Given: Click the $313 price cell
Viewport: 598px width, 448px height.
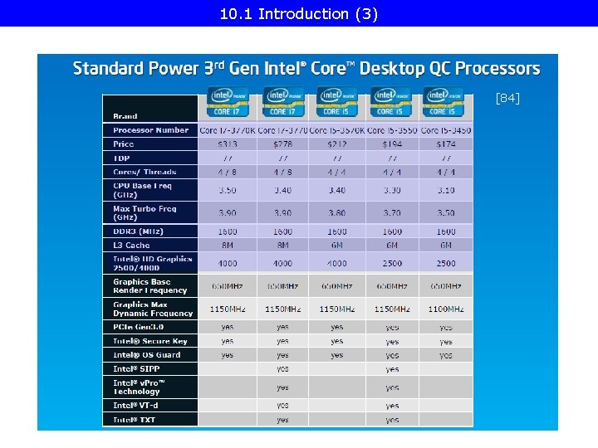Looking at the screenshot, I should tap(227, 144).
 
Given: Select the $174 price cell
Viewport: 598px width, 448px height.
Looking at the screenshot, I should tap(446, 144).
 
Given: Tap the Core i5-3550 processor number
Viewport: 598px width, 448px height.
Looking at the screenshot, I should tap(392, 130).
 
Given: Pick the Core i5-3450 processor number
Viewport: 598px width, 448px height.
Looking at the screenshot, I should tap(446, 130).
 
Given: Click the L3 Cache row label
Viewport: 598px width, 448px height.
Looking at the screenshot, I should tap(131, 246).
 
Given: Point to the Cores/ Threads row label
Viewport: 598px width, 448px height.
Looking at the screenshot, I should tap(145, 172).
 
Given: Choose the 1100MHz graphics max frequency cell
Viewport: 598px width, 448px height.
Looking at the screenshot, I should tap(446, 309).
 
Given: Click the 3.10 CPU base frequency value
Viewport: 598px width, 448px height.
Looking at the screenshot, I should tap(446, 190).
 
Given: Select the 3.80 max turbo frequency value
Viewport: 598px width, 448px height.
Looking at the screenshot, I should tap(336, 213).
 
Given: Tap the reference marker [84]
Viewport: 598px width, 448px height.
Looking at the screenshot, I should tap(507, 99).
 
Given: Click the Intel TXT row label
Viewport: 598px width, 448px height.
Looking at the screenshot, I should tap(135, 420).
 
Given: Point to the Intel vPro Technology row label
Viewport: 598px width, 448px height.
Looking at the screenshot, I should tap(140, 387).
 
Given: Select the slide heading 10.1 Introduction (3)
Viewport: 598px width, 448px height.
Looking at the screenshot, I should tap(299, 13).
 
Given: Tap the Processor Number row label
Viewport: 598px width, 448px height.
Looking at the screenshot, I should tap(150, 130).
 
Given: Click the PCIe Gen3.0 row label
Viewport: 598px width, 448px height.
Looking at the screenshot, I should tap(138, 327).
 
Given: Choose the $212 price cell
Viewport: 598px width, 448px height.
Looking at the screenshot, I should tap(336, 144).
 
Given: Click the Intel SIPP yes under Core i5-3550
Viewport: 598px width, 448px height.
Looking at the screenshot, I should tap(392, 369).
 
